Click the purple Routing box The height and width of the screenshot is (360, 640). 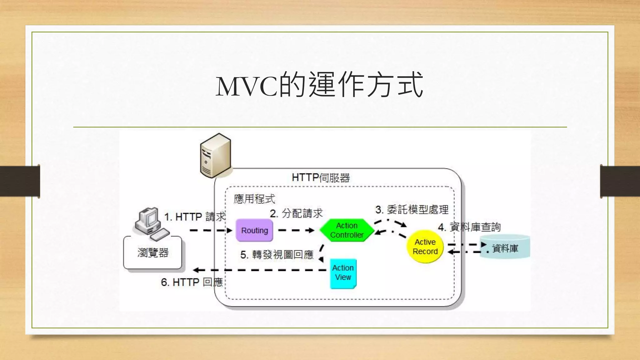tap(254, 231)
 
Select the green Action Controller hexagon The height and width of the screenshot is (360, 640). tap(347, 230)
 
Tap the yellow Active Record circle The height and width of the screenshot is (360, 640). tap(425, 247)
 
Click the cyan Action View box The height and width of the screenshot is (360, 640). tap(343, 273)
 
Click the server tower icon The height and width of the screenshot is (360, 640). tap(216, 155)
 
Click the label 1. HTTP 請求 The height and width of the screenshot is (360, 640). tap(195, 217)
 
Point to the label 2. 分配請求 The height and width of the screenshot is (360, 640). tap(296, 213)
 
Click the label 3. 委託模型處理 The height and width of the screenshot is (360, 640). tap(412, 210)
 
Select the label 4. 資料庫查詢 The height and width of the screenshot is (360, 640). tap(469, 227)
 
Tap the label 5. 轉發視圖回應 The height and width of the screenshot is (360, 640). tap(277, 255)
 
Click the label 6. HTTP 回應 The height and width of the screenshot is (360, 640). tap(192, 282)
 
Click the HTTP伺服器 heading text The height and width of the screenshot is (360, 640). tap(321, 178)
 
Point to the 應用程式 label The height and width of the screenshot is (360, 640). tap(254, 199)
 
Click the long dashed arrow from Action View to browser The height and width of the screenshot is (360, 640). tap(259, 270)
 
